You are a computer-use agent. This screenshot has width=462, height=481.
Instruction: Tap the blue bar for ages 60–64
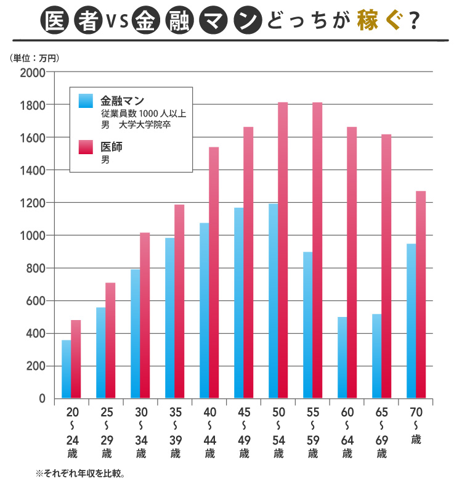tap(342, 358)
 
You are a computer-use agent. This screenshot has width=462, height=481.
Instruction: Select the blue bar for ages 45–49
tap(239, 303)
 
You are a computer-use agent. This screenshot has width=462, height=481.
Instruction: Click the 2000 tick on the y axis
tap(33, 72)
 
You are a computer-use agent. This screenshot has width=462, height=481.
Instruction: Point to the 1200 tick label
tap(33, 203)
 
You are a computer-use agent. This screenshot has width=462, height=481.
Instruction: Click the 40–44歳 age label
tap(209, 432)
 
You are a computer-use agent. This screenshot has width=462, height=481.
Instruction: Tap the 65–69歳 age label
tap(382, 432)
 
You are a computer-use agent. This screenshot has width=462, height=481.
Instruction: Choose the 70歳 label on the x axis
tap(416, 425)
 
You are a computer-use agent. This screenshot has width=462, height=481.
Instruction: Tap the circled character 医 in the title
tap(54, 22)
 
